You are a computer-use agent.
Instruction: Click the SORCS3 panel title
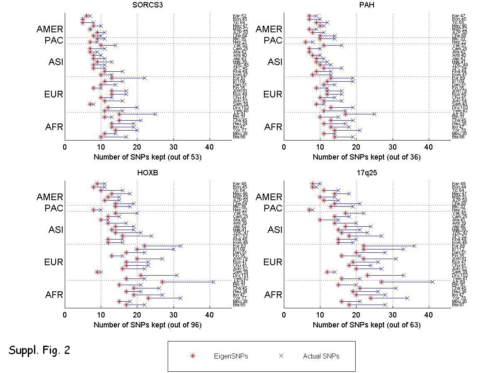148,5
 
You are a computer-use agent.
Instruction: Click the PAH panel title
367,5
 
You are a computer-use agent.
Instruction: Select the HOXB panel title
148,173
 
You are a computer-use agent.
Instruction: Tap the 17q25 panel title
367,173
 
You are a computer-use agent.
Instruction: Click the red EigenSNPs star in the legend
192,356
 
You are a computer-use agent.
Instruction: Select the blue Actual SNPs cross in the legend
281,356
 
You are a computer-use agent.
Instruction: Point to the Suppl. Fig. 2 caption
39,351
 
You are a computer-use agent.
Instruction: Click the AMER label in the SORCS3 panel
50,29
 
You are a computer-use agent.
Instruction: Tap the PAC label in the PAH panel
273,41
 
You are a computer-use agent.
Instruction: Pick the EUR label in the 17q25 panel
273,262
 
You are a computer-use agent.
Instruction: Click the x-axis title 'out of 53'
147,157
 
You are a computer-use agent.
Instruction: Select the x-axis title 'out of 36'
366,157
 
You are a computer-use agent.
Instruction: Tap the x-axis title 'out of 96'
147,325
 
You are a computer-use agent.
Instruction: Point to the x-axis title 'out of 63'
366,325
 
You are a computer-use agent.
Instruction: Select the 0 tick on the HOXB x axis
65,315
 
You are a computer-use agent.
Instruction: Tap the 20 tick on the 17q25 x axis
356,315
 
